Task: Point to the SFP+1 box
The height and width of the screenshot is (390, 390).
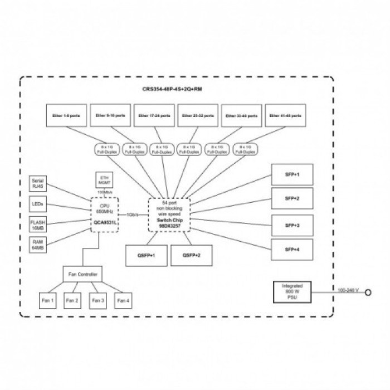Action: tap(292, 174)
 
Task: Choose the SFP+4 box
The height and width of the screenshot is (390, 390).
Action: tap(292, 250)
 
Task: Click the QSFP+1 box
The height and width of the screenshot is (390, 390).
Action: tap(145, 255)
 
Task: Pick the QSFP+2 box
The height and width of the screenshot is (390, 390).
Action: tap(189, 255)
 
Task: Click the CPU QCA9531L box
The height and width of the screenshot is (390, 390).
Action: tap(105, 213)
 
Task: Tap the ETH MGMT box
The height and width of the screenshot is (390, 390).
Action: tap(104, 180)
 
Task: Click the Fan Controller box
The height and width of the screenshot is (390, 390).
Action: tap(82, 275)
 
